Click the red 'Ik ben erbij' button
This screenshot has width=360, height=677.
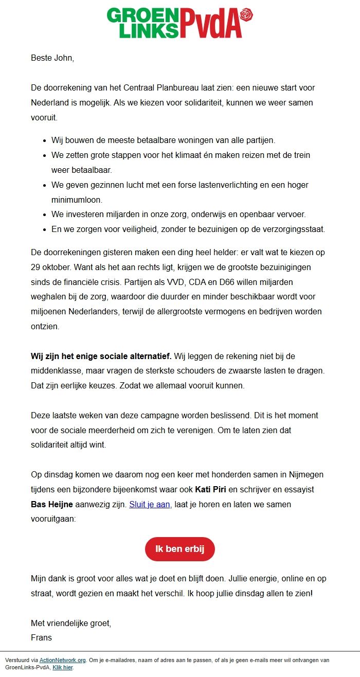pos(179,549)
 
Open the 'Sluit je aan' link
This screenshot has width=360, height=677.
pos(149,505)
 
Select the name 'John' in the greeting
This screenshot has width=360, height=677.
pos(64,58)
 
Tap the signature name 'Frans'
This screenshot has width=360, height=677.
pos(42,638)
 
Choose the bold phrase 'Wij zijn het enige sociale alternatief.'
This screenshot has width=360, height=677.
pos(102,356)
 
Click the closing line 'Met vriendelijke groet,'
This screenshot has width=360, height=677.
pos(71,623)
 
